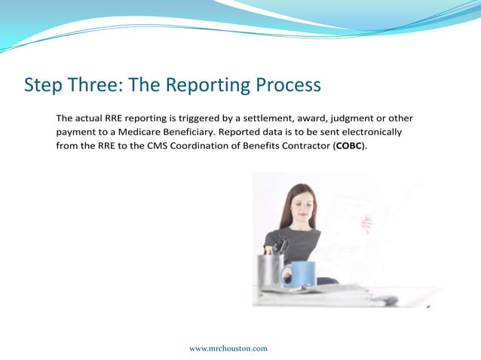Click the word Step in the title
pyautogui.click(x=42, y=85)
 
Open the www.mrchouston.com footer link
pyautogui.click(x=228, y=348)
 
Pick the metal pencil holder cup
pyautogui.click(x=271, y=270)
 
